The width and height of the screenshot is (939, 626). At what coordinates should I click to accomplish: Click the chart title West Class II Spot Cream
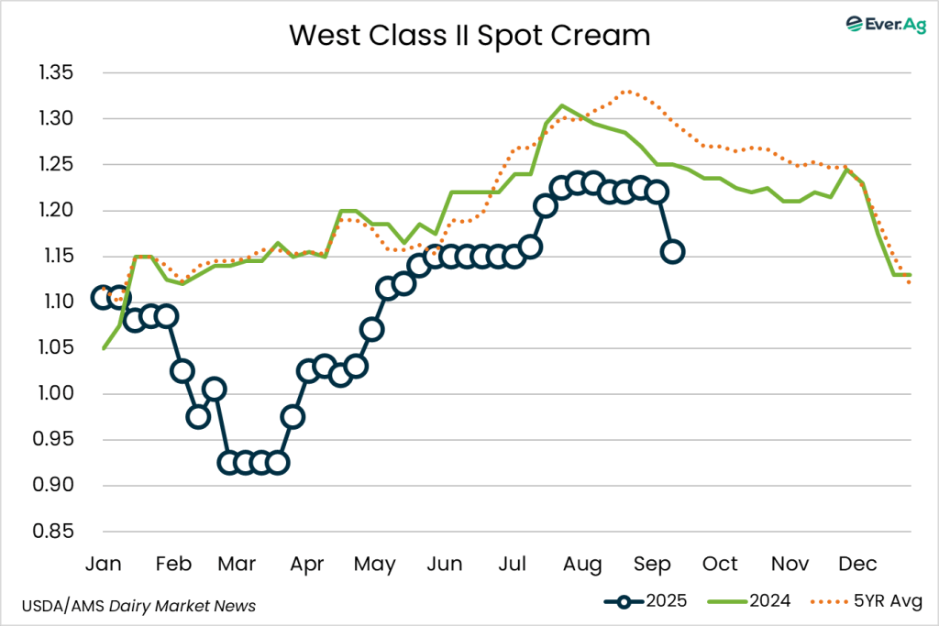click(x=469, y=36)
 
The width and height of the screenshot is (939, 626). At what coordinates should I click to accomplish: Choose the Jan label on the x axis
click(x=103, y=563)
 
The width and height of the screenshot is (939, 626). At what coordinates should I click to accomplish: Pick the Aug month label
click(x=582, y=563)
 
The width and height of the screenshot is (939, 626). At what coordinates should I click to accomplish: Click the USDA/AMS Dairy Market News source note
click(x=138, y=606)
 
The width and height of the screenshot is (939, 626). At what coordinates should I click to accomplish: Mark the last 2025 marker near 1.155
click(x=672, y=251)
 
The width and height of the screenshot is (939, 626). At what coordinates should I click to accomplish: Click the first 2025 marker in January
click(x=103, y=297)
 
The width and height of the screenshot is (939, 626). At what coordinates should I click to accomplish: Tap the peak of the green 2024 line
click(x=562, y=105)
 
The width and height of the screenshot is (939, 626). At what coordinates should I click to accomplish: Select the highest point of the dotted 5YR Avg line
click(x=626, y=91)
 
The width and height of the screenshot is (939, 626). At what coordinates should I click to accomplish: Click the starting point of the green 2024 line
click(x=103, y=348)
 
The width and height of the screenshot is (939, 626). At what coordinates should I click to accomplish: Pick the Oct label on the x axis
click(x=721, y=563)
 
